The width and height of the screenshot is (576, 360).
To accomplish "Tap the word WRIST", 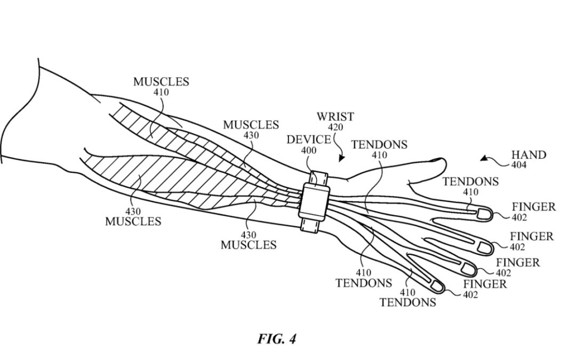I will [x=335, y=116].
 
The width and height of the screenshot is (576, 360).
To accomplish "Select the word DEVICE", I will [x=309, y=140].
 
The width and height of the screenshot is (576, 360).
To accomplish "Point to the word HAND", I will [x=529, y=155].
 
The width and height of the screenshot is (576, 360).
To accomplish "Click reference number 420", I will [x=335, y=127].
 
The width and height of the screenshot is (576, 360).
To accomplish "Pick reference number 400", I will [x=309, y=151].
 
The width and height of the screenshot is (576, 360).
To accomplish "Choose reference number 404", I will [x=518, y=165].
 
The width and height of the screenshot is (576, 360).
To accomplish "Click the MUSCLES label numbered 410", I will [x=161, y=82].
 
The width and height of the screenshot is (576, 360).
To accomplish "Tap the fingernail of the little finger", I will [x=437, y=287].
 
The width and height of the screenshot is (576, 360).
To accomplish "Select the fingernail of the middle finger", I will [x=486, y=247].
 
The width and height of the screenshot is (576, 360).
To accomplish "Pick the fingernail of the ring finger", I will [x=468, y=269].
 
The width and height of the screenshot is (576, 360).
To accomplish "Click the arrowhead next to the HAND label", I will [x=483, y=158].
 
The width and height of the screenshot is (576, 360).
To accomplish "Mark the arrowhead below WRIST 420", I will [x=341, y=158].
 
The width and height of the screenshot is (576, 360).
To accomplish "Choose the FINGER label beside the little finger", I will [x=484, y=284].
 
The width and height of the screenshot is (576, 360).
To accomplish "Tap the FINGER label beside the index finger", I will [x=533, y=206].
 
